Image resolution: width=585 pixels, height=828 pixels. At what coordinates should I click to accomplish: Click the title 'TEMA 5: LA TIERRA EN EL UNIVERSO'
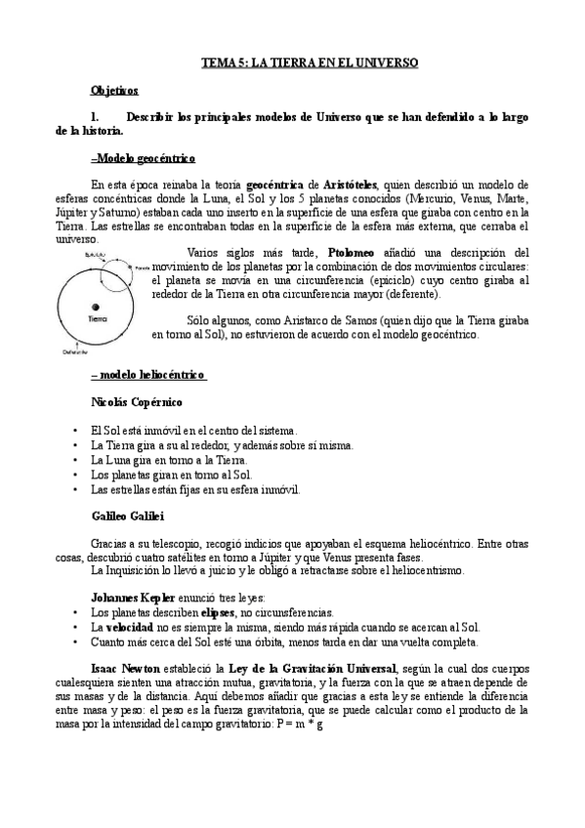[x=309, y=62]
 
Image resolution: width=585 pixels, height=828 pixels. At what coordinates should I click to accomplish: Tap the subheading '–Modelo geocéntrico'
[x=143, y=157]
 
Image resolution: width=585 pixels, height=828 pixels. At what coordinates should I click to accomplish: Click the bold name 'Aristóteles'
[x=366, y=184]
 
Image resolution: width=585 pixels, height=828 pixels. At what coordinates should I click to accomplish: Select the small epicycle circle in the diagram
[x=119, y=266]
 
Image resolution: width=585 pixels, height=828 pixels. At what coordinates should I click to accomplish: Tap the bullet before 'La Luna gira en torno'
[x=76, y=460]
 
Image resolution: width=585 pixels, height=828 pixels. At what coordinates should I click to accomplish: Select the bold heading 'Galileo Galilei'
[x=127, y=515]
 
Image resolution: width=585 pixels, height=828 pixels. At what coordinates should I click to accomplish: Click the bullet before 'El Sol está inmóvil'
[x=76, y=430]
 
